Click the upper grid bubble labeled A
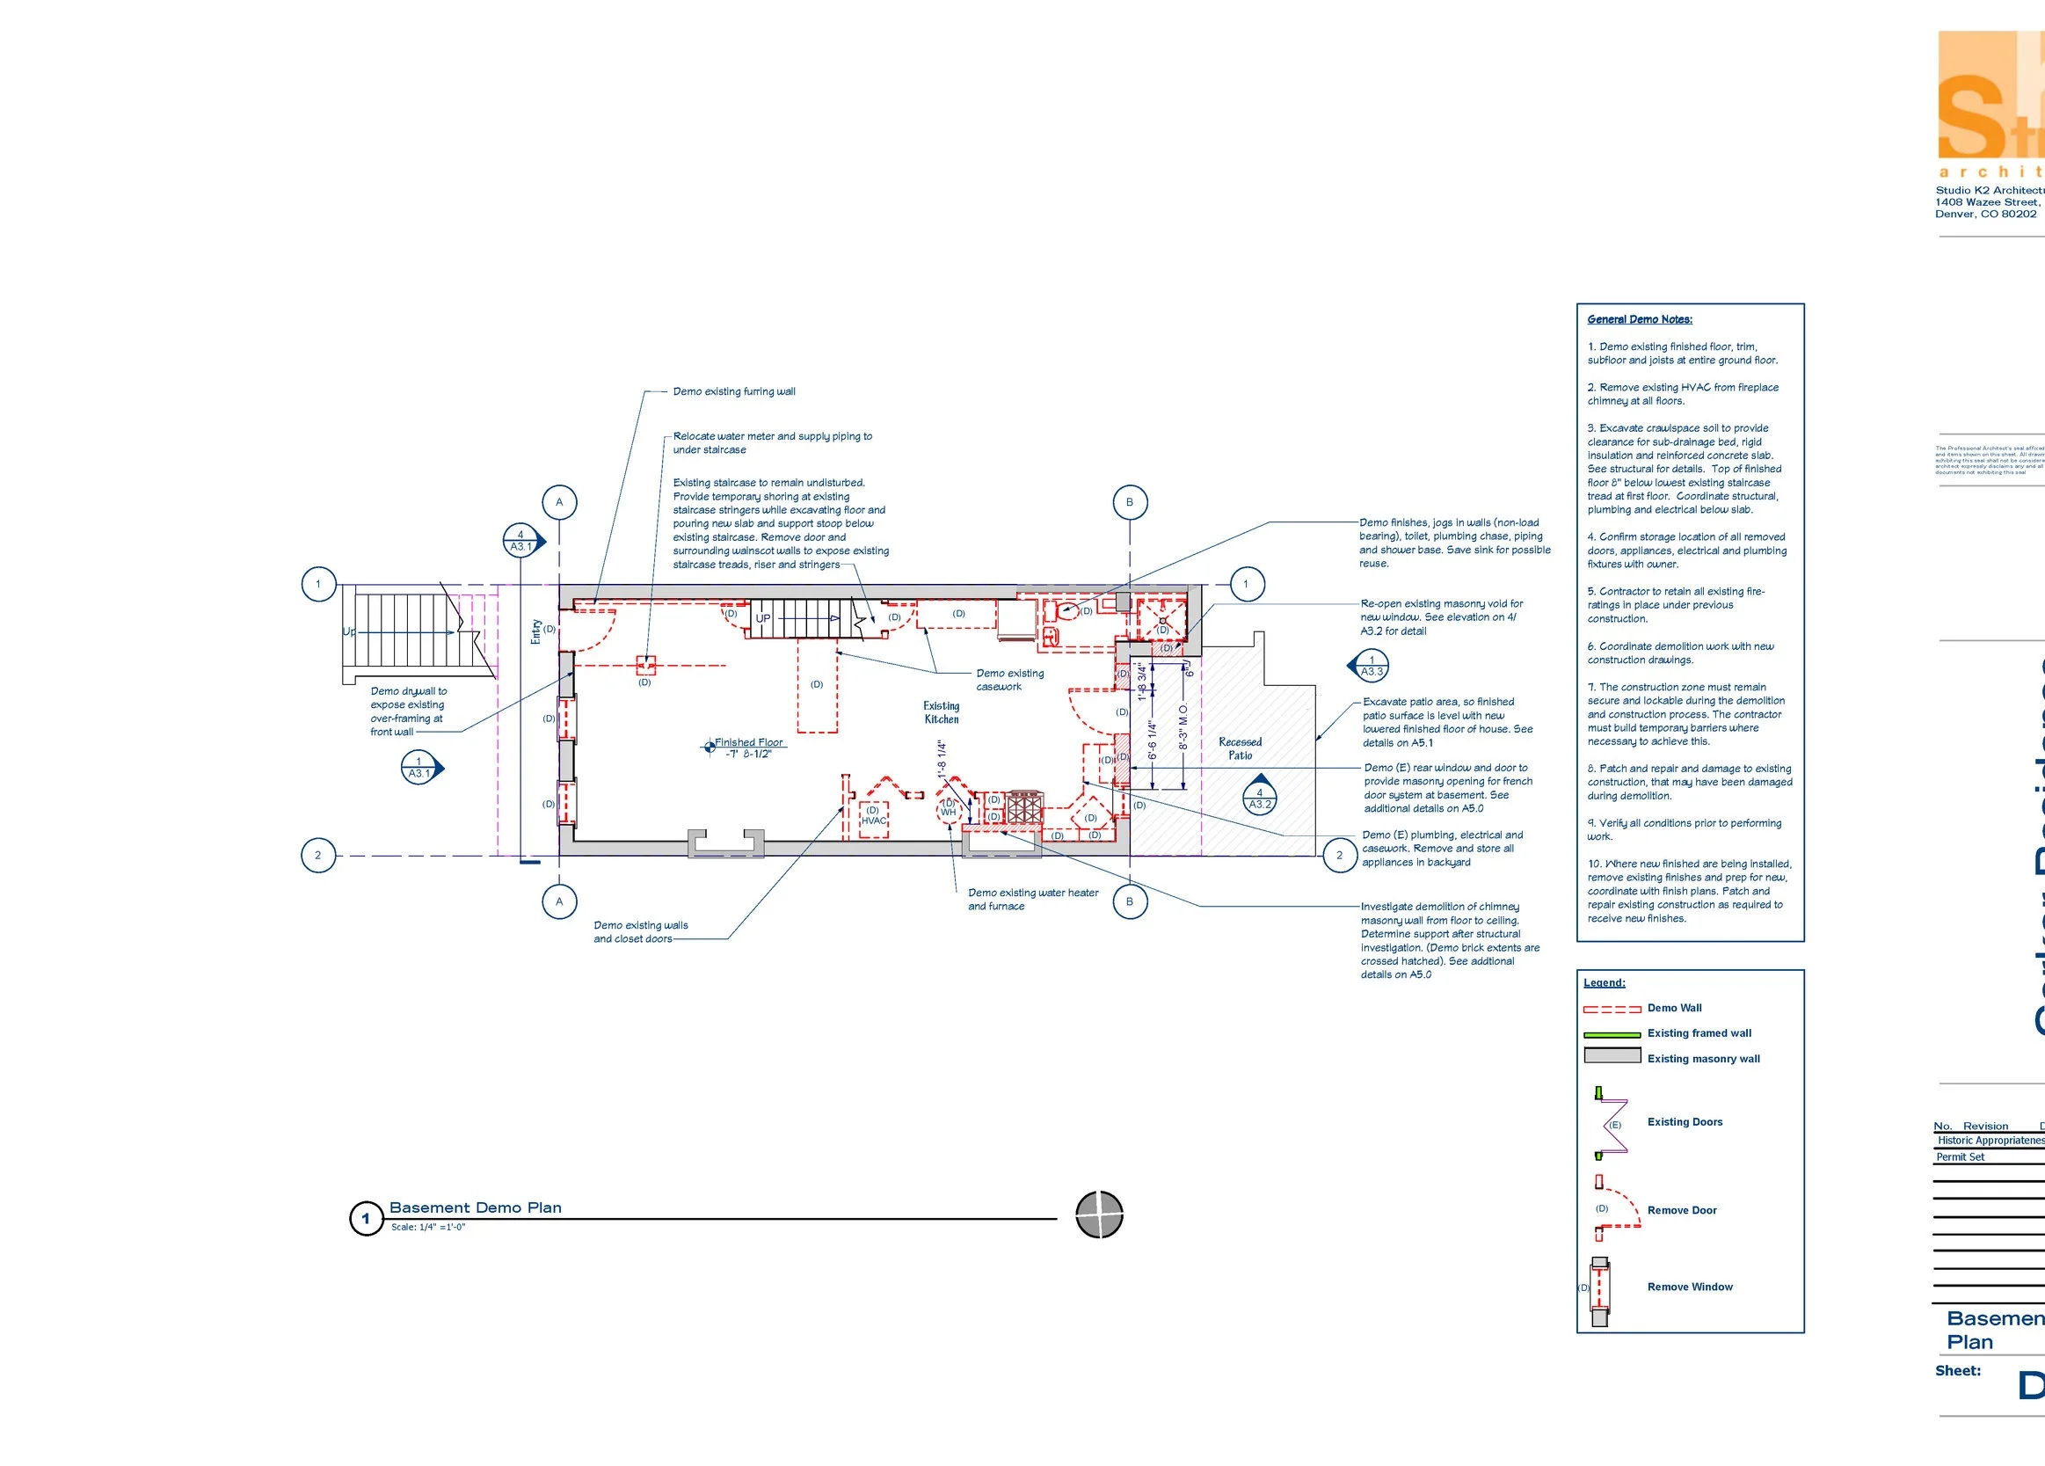559,502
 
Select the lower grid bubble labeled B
1129,901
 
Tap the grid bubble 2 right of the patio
1339,856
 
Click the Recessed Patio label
1240,748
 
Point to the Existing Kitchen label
942,712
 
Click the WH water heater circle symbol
949,808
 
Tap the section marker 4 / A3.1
521,542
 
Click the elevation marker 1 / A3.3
1371,666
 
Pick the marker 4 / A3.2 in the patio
1260,799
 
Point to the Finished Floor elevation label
748,748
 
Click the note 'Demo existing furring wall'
734,391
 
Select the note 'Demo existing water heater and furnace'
1032,900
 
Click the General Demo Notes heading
1639,319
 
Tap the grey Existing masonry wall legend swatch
1612,1055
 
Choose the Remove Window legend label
1689,1287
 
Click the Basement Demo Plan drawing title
475,1208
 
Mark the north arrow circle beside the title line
1099,1214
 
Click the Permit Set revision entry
1961,1156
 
